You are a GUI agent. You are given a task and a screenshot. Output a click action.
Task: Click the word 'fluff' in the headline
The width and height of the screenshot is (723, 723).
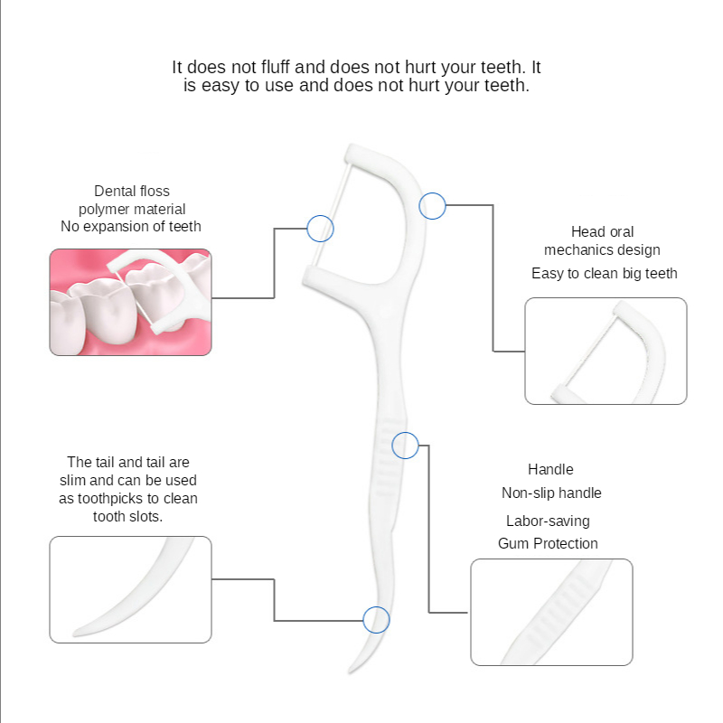click(276, 67)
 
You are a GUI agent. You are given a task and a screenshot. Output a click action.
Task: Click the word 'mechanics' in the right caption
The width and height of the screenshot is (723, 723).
click(572, 250)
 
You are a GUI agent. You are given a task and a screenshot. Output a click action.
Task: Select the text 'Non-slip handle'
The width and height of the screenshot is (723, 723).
click(551, 493)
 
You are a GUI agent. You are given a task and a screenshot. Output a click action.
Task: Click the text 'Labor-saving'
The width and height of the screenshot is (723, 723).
click(548, 521)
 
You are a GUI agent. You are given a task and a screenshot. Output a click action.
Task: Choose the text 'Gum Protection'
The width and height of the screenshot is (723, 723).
click(548, 543)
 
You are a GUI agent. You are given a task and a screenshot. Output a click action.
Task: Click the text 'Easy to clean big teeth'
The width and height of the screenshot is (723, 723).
click(605, 274)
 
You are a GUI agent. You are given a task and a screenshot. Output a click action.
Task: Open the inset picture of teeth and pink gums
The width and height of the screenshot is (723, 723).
click(130, 302)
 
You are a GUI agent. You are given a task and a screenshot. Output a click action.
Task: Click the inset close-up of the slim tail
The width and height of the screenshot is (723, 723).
click(130, 589)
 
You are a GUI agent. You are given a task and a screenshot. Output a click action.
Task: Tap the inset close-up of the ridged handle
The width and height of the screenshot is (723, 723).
click(551, 613)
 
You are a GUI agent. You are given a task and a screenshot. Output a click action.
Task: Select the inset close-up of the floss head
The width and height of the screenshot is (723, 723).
click(606, 351)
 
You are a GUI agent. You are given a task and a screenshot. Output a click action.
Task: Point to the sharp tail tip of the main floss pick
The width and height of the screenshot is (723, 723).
click(350, 672)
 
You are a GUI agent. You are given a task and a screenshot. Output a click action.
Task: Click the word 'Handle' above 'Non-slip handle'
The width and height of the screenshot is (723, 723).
click(550, 469)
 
